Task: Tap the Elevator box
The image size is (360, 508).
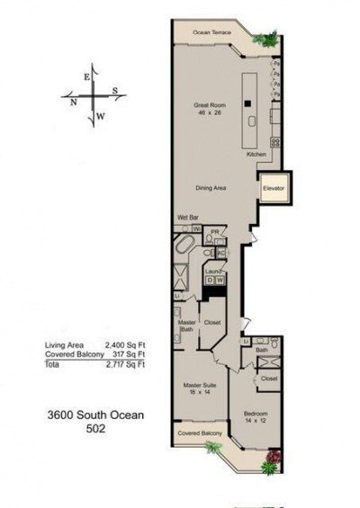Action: click(x=273, y=189)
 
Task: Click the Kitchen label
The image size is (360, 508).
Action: click(x=257, y=154)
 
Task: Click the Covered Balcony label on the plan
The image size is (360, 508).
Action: click(x=200, y=433)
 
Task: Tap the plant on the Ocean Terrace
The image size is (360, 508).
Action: click(x=266, y=40)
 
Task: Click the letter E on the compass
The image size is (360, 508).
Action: click(x=86, y=77)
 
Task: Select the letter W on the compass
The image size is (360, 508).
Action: click(x=101, y=116)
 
